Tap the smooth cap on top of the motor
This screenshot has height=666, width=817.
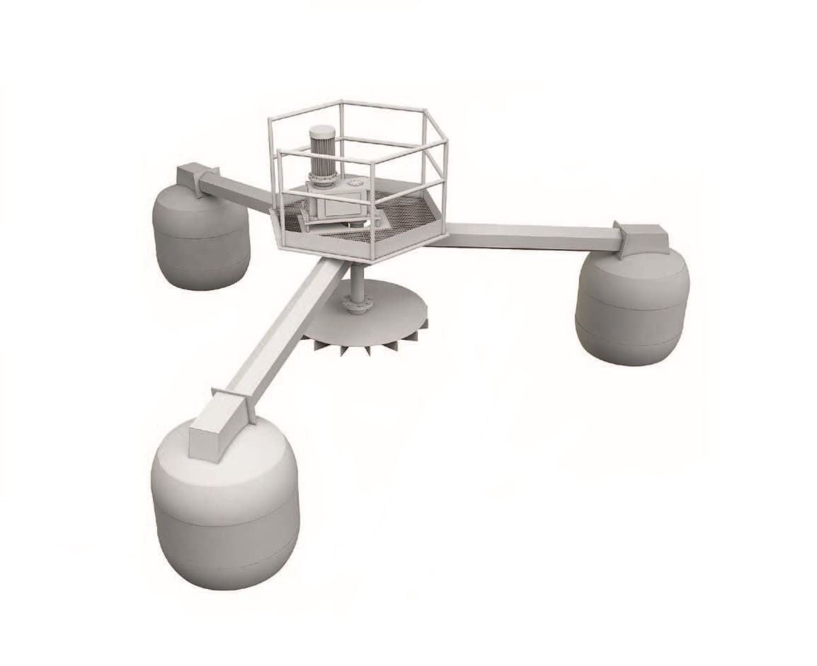(322, 131)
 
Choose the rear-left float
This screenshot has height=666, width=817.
(201, 237)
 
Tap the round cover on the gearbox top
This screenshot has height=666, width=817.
(351, 185)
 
